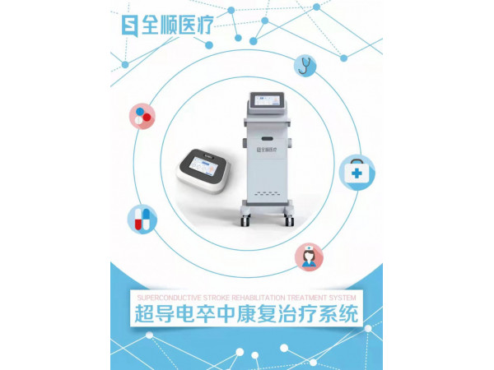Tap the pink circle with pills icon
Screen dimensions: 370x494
click(142, 114)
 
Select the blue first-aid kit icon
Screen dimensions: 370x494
click(356, 173)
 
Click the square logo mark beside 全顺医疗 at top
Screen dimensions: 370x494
click(128, 25)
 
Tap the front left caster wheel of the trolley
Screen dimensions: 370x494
click(245, 221)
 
